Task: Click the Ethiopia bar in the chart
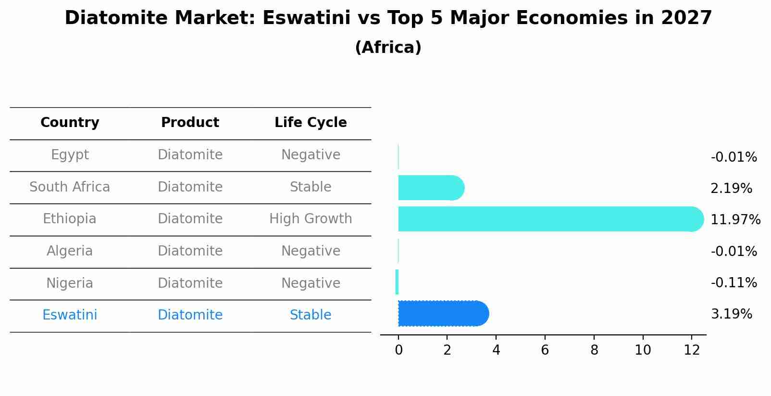coord(548,219)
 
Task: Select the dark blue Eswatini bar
coord(442,314)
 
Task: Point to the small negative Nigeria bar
coord(397,282)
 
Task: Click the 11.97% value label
coord(735,220)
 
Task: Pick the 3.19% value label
coord(731,314)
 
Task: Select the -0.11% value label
coord(734,282)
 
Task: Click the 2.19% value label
coord(731,188)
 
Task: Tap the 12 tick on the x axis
coord(692,350)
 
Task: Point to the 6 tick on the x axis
coord(545,350)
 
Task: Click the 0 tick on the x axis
coord(398,350)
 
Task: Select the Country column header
coord(70,123)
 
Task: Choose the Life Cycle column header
coord(311,123)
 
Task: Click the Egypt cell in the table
coord(70,155)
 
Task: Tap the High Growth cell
coord(311,219)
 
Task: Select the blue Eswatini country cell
coord(70,315)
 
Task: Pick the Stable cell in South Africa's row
coord(311,187)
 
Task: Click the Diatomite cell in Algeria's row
coord(190,251)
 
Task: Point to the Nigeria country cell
coord(70,283)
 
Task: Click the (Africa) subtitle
coord(388,48)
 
